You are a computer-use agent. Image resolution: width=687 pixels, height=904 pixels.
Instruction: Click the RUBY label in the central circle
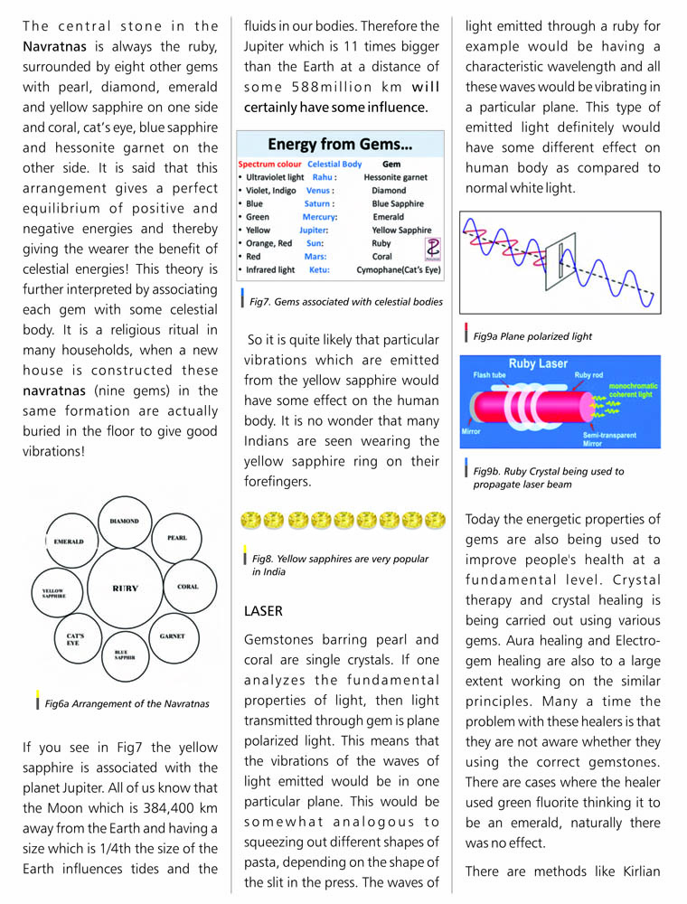tap(125, 589)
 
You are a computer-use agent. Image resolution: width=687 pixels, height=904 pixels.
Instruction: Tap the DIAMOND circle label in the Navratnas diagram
tap(124, 522)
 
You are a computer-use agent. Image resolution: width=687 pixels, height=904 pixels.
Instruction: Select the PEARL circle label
tap(177, 538)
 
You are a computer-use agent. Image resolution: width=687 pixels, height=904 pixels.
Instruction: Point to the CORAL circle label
tap(187, 587)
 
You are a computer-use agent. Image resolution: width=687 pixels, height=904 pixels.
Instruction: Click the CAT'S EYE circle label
tap(76, 638)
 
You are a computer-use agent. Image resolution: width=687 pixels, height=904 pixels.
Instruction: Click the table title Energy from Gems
tap(340, 145)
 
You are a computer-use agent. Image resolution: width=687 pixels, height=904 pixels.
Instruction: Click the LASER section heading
tap(264, 611)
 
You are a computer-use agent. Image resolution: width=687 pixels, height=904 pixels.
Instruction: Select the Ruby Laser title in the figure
tap(540, 363)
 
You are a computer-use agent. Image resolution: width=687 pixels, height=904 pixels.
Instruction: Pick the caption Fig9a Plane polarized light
tap(532, 336)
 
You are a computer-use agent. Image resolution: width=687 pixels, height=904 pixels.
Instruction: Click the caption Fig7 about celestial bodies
tap(346, 301)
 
